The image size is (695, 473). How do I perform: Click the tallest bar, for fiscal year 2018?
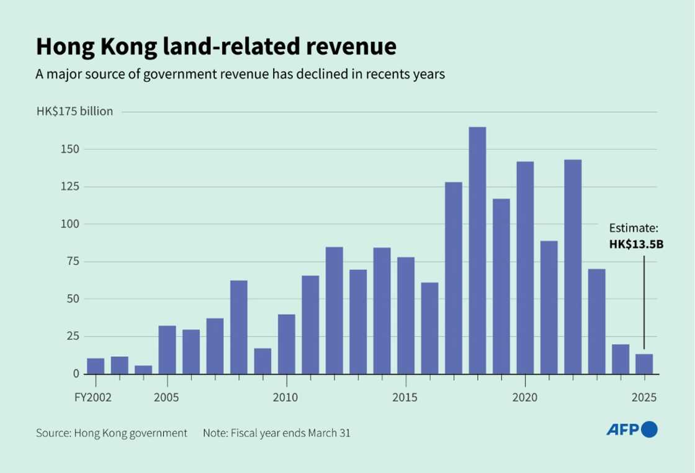(477, 250)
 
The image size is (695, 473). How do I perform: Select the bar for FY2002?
(96, 366)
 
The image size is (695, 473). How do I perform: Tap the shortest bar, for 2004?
(143, 369)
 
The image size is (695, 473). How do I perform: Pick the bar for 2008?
(239, 327)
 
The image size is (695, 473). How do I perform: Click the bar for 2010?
(287, 344)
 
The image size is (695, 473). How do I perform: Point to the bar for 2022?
(573, 267)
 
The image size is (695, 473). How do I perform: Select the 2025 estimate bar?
(644, 364)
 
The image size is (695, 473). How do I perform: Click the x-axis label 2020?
(525, 397)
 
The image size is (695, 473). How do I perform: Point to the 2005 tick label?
(167, 397)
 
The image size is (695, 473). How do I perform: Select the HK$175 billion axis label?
(74, 112)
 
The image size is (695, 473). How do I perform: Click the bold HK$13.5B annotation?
(636, 245)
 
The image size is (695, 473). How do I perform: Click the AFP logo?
(631, 429)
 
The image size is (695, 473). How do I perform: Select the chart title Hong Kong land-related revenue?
(215, 48)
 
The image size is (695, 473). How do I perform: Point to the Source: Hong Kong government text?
(111, 433)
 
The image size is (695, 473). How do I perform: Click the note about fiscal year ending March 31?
(276, 433)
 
